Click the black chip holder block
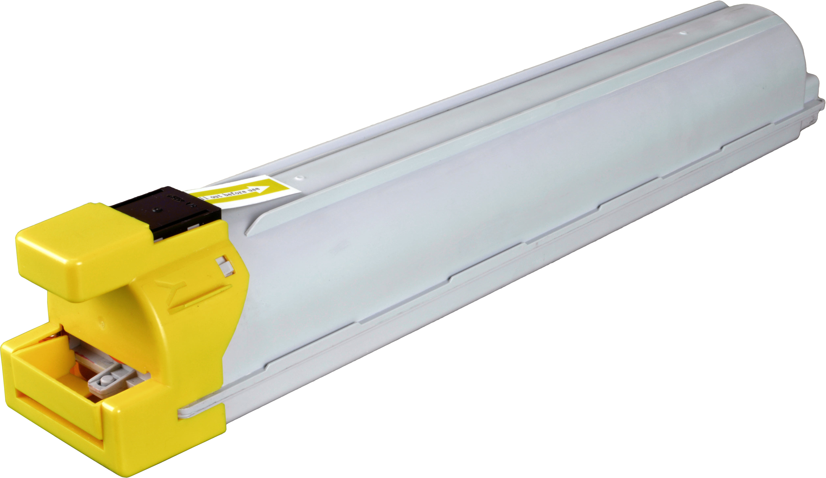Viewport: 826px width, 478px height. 164,210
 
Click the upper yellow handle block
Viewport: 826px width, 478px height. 82,252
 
